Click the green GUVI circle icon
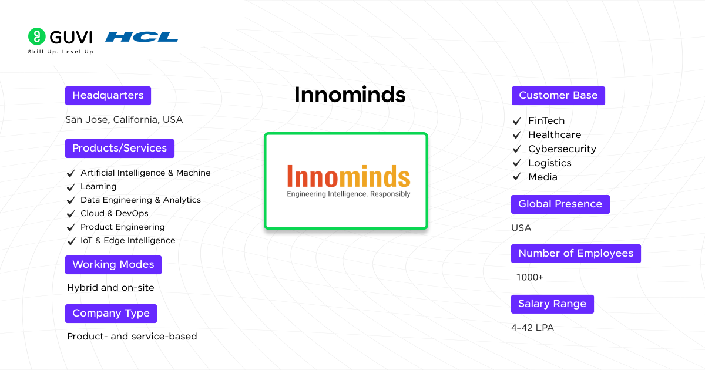pyautogui.click(x=36, y=36)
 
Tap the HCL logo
pyautogui.click(x=142, y=37)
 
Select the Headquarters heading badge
pyautogui.click(x=108, y=96)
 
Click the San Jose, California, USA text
pyautogui.click(x=124, y=120)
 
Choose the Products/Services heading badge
pyautogui.click(x=120, y=149)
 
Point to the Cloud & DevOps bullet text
pyautogui.click(x=115, y=213)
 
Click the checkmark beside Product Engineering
pyautogui.click(x=70, y=227)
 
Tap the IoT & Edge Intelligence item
pyautogui.click(x=127, y=240)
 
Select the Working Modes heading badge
pyautogui.click(x=113, y=265)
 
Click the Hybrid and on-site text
pyautogui.click(x=110, y=288)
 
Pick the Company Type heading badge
pyautogui.click(x=111, y=314)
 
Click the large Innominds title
pyautogui.click(x=350, y=95)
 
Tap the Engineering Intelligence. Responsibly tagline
pyautogui.click(x=348, y=194)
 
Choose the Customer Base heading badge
pyautogui.click(x=558, y=96)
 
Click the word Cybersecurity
pyautogui.click(x=562, y=149)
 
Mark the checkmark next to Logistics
pyautogui.click(x=517, y=163)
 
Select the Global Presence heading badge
pyautogui.click(x=560, y=204)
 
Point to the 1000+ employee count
pyautogui.click(x=530, y=277)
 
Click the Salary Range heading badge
pyautogui.click(x=552, y=304)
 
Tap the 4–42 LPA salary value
pyautogui.click(x=532, y=328)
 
